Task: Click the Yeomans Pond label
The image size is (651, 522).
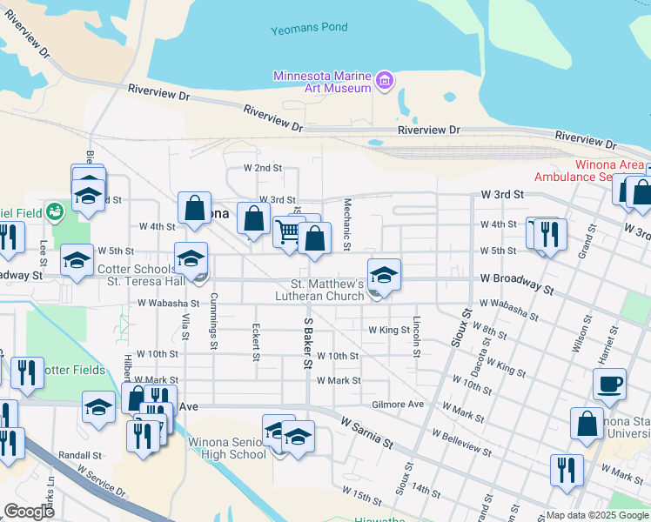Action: tap(309, 28)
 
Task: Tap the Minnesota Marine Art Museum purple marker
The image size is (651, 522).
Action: tap(385, 83)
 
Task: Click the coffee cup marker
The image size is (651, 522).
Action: tap(609, 384)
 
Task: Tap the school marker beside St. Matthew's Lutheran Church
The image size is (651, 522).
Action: tap(384, 275)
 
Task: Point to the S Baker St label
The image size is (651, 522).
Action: tap(307, 342)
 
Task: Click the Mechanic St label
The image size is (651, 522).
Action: tap(346, 224)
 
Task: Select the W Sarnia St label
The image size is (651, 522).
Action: tap(368, 432)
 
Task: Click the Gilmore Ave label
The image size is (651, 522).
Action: tap(397, 405)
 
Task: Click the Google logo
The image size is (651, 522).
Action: tap(28, 512)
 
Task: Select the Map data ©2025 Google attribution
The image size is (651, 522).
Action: tap(596, 515)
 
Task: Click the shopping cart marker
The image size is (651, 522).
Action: tap(289, 232)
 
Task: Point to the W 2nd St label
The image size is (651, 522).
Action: tap(263, 167)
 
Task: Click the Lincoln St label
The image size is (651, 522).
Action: tap(417, 335)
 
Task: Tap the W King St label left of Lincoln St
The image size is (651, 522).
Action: tap(388, 331)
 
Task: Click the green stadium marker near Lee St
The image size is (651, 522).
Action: tap(55, 210)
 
